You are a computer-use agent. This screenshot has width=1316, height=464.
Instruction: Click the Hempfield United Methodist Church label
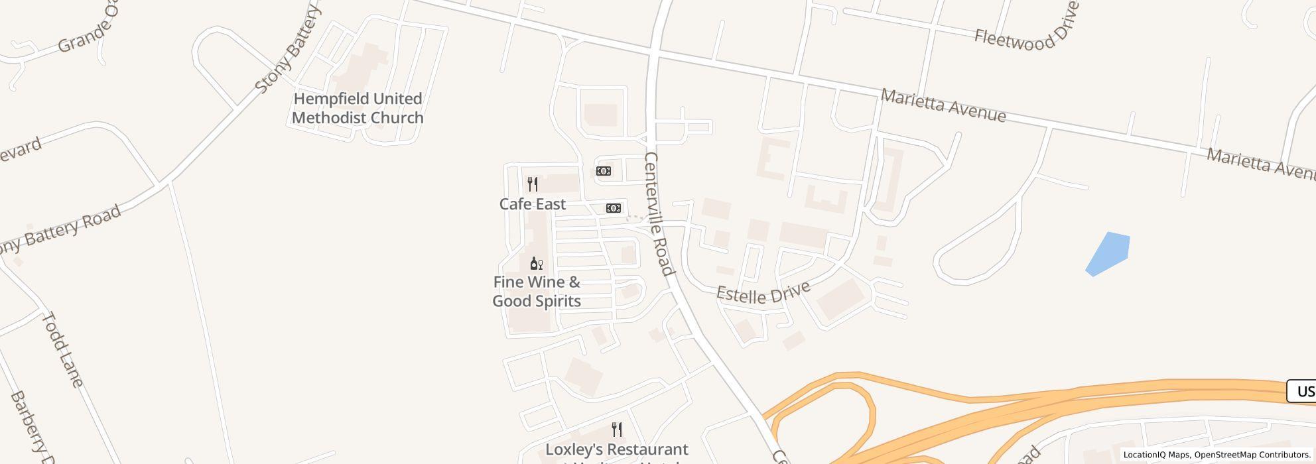click(358, 108)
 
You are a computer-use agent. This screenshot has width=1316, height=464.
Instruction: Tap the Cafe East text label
click(533, 204)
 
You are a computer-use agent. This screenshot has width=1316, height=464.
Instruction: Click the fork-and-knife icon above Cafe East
click(533, 184)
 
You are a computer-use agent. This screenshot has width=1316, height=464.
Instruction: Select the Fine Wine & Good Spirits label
click(537, 292)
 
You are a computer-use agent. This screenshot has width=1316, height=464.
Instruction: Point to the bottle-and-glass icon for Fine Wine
click(537, 264)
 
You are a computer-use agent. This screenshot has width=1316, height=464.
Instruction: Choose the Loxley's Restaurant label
click(616, 450)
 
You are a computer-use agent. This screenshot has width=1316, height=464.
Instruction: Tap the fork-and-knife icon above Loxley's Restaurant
click(617, 430)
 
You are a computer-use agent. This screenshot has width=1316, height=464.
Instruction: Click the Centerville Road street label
click(659, 213)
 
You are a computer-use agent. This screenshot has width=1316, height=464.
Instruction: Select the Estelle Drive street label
click(763, 292)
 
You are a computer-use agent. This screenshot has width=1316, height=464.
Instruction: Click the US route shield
click(1302, 391)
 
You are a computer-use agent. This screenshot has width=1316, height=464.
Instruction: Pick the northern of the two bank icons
click(604, 171)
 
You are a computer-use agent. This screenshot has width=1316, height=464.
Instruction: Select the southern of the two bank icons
click(614, 208)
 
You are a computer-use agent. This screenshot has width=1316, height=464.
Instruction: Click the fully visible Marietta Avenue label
click(943, 106)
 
